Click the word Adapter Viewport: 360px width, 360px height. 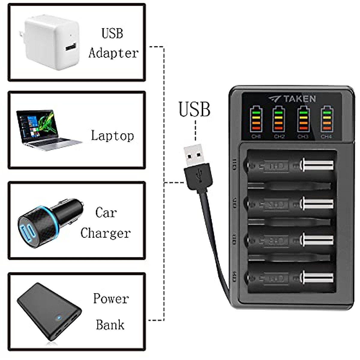click(113, 53)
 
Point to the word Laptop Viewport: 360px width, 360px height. click(112, 136)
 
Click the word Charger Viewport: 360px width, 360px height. click(106, 233)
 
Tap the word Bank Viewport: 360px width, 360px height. click(110, 325)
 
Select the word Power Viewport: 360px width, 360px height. click(111, 298)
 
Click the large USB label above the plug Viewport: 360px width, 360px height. click(194, 109)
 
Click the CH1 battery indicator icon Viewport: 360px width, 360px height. click(256, 120)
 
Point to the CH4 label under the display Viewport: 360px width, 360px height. click(326, 136)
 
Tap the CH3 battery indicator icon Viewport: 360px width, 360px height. click(303, 120)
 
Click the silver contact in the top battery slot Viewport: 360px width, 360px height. click(317, 165)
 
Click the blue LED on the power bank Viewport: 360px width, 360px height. click(59, 317)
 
